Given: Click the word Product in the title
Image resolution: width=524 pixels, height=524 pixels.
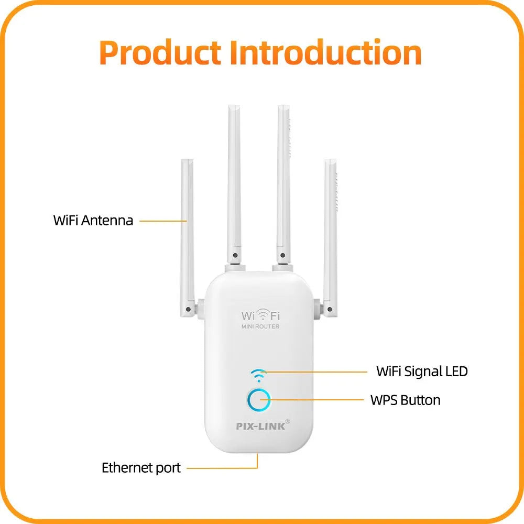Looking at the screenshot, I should pos(160,53).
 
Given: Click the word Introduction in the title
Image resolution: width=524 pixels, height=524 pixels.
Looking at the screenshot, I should pos(325,53).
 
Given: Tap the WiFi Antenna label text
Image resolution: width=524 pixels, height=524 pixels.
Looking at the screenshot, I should pos(93,220).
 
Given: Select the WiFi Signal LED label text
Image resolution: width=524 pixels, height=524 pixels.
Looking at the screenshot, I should pos(422,372).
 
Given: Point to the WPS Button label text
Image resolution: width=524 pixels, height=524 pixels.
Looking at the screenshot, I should pos(405,400).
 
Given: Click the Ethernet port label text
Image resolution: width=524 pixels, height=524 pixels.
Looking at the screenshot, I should pos(141,467).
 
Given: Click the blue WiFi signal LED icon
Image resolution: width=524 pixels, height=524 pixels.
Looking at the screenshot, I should pos(258,374).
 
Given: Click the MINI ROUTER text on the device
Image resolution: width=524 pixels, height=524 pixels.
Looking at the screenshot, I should pos(260,327).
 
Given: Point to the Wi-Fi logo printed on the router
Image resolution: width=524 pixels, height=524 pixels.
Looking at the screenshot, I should pos(260,315).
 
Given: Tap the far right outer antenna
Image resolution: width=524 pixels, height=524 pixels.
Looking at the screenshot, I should pos(330,231).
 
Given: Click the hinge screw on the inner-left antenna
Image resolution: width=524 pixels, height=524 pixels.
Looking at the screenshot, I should pos(235,256).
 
